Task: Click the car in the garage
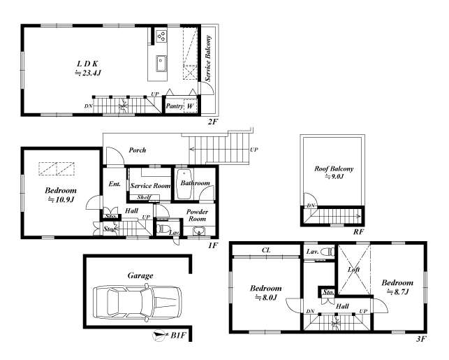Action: [x=138, y=301]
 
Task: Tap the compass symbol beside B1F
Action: [x=159, y=336]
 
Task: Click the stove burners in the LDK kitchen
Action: [x=161, y=36]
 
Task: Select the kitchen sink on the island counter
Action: [x=161, y=64]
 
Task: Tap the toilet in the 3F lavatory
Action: [x=327, y=252]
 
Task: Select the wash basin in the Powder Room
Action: [x=199, y=231]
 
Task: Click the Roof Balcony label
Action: [x=334, y=168]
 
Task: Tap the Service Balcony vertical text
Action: [x=208, y=58]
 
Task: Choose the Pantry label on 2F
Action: [x=175, y=106]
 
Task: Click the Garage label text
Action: [x=140, y=275]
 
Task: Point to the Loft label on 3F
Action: [x=353, y=269]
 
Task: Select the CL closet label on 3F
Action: [x=266, y=250]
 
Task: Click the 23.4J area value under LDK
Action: [x=89, y=73]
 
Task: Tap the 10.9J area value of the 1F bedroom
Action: [x=61, y=199]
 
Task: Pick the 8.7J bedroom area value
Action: [x=398, y=291]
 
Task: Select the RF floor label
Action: [x=358, y=231]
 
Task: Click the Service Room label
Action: [x=151, y=186]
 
